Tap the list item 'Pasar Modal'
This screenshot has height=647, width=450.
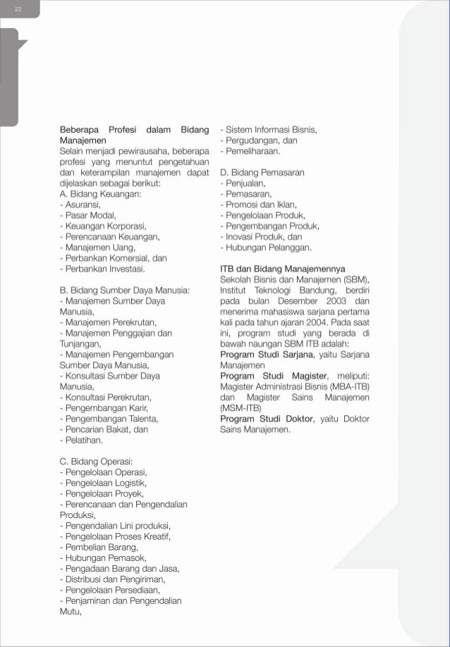88,215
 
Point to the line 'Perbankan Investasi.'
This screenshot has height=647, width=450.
103,269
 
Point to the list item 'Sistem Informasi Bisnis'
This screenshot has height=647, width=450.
269,130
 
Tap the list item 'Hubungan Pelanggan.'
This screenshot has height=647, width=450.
266,247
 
